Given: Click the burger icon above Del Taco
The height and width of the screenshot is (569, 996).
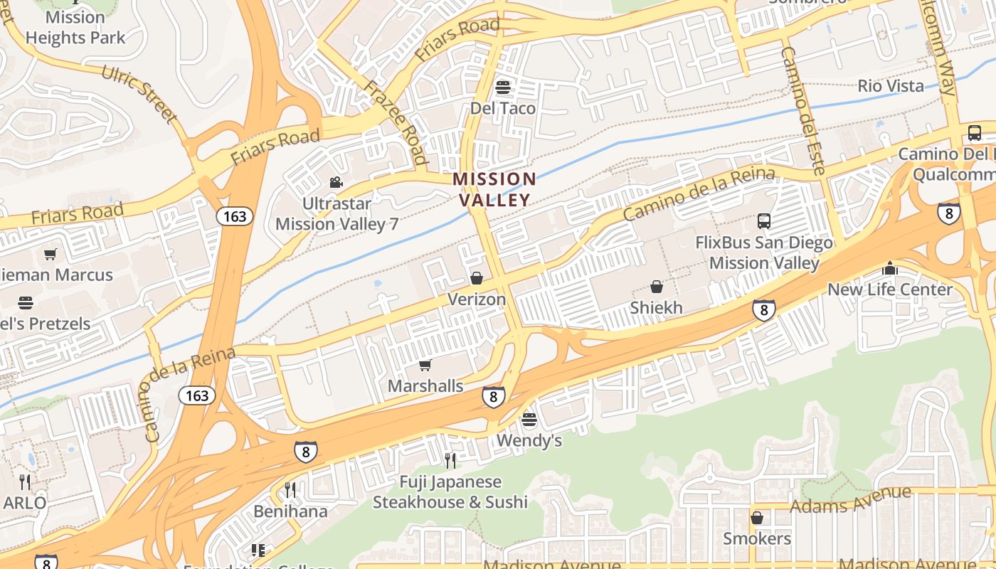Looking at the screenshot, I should click(503, 87).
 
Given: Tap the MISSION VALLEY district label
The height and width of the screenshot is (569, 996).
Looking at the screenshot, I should click(494, 189).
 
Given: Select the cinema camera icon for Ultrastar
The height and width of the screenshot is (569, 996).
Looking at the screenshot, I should click(336, 183).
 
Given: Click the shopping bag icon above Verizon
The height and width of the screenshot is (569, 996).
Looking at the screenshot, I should click(476, 278).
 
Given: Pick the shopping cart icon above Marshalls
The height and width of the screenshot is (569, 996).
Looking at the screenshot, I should click(425, 365).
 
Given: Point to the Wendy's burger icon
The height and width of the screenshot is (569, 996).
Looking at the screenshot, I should click(529, 420).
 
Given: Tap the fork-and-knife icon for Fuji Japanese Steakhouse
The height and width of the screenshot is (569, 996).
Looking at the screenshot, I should click(450, 461).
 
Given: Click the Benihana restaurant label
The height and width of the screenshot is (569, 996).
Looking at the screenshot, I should click(290, 511).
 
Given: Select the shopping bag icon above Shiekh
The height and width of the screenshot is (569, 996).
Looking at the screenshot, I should click(656, 287).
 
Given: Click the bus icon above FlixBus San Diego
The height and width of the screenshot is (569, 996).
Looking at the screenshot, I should click(763, 221).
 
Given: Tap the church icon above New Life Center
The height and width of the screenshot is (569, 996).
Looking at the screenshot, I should click(889, 268).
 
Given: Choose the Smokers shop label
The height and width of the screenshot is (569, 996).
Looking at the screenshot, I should click(757, 538).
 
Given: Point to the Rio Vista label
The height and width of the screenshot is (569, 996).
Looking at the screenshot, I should click(891, 86).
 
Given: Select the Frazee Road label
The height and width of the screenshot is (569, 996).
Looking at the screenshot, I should click(396, 122).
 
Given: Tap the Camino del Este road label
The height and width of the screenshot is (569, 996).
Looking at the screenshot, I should click(802, 111).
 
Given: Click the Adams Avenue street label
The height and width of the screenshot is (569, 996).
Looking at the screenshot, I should click(850, 499).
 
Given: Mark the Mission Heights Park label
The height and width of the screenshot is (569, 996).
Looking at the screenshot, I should click(75, 27).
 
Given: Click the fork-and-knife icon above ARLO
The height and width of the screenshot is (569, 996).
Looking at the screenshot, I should click(25, 482).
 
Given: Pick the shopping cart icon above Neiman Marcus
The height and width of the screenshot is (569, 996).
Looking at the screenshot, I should click(50, 254).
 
